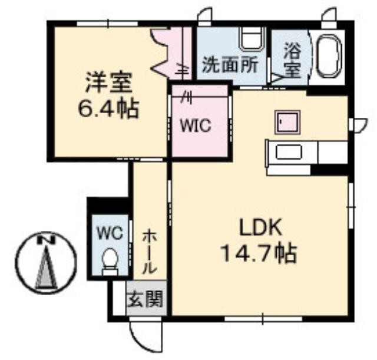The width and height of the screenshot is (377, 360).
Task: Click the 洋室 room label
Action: [108, 82]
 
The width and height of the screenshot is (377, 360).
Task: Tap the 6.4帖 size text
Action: [108, 109]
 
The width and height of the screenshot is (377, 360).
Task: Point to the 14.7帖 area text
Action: [259, 253]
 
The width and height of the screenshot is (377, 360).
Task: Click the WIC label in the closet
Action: [196, 125]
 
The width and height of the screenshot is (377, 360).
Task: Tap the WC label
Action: [110, 233]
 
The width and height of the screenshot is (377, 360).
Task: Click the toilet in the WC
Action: [110, 262]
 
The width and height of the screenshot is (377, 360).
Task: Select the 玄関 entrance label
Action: [145, 299]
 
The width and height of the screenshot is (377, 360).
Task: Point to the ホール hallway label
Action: [150, 252]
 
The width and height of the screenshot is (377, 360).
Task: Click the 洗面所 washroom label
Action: [230, 64]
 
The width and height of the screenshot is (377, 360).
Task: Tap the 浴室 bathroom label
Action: [292, 61]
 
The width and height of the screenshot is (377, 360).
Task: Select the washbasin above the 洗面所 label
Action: [253, 39]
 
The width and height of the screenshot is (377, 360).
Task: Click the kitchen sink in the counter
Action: [289, 152]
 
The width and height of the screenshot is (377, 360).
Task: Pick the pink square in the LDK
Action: [287, 122]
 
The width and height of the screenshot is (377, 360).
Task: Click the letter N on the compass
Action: [46, 240]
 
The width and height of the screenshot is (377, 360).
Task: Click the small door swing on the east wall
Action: [360, 125]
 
